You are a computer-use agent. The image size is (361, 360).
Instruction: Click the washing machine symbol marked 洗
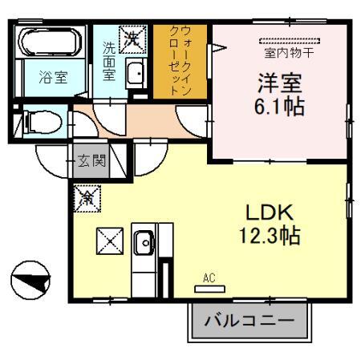(x=131, y=37)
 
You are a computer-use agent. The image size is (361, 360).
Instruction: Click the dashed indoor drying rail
(x=290, y=40)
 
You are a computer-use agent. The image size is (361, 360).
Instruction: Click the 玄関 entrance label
(x=92, y=160)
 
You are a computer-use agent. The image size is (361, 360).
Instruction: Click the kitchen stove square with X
(x=108, y=241)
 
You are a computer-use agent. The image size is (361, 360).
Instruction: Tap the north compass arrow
(x=30, y=282)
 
